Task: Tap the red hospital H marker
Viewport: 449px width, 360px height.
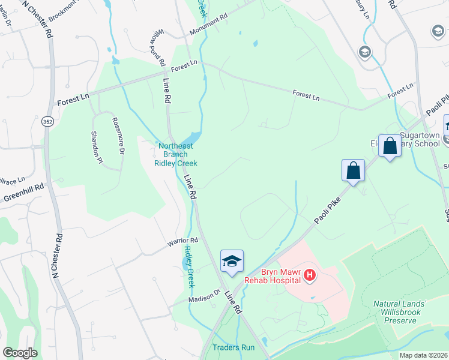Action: pyautogui.click(x=310, y=276)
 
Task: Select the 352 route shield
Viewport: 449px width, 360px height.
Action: pyautogui.click(x=46, y=121)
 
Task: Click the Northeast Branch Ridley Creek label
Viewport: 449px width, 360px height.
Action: pyautogui.click(x=175, y=154)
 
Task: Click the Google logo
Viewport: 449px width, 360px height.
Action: pyautogui.click(x=20, y=353)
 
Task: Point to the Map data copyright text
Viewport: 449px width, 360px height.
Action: pyautogui.click(x=423, y=355)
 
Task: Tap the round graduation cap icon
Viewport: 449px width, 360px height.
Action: pyautogui.click(x=363, y=52)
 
